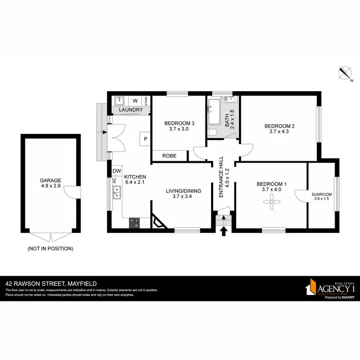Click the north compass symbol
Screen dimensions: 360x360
point(344,73)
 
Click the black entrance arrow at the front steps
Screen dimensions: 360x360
point(223,232)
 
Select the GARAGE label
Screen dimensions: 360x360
point(50,180)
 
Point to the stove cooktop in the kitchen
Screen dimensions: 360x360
point(134,223)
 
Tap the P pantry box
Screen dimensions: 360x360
point(145,139)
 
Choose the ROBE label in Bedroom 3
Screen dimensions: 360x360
point(169,156)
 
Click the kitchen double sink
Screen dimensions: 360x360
point(116,193)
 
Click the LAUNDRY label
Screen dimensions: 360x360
point(131,110)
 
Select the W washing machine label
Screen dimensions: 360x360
point(135,101)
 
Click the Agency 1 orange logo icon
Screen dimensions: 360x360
point(312,288)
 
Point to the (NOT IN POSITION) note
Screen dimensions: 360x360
point(50,249)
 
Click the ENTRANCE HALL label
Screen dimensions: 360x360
point(222,177)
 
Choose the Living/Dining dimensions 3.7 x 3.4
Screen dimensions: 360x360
point(183,196)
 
